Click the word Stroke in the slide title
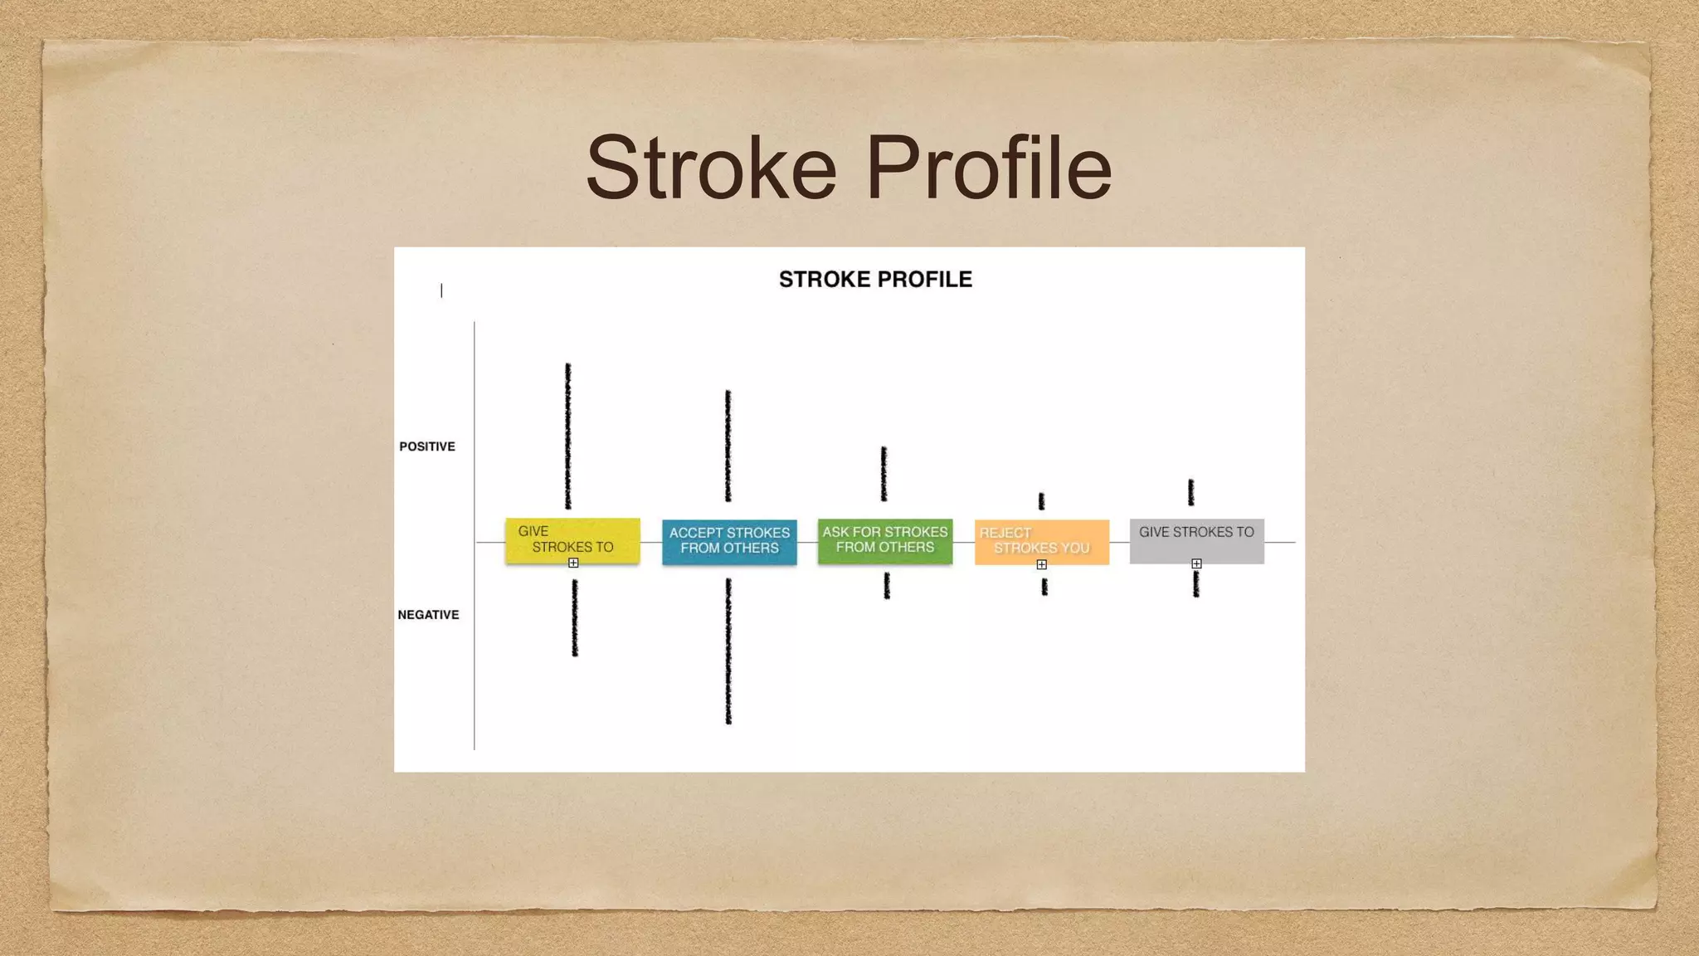[711, 168]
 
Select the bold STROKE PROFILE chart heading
[875, 280]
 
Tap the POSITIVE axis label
[427, 446]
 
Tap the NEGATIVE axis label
[428, 615]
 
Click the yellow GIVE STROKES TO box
[572, 539]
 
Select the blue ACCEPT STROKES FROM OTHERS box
[729, 541]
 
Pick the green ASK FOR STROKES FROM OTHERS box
[884, 540]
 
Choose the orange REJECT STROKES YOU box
[1041, 541]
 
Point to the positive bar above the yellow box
[568, 436]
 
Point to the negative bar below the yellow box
[575, 618]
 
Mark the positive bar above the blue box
[728, 446]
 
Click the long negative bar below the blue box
[728, 651]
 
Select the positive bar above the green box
[884, 474]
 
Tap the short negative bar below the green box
[887, 586]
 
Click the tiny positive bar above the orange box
[1041, 500]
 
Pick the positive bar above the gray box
[1190, 492]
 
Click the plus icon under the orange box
[1042, 564]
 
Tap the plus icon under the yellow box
[573, 563]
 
